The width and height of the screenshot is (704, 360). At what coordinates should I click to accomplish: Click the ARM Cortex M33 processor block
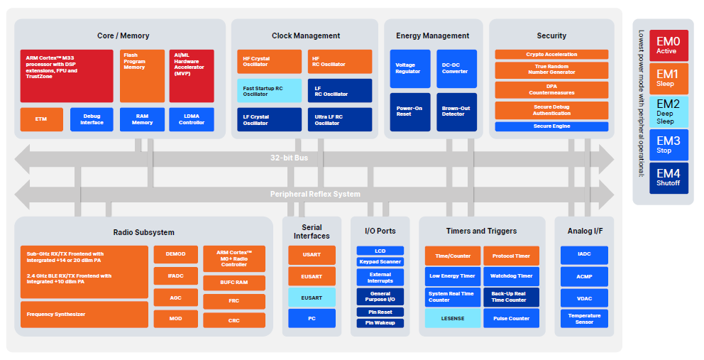tap(67, 76)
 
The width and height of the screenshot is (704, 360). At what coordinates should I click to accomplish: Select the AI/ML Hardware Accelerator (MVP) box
tap(191, 76)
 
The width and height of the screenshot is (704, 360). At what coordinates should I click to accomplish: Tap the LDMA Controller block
tap(191, 119)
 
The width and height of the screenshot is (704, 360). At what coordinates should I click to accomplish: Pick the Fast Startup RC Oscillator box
tap(269, 90)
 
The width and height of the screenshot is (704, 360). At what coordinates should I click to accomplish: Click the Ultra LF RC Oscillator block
tap(339, 119)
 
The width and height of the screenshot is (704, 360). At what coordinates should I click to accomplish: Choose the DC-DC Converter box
tap(456, 68)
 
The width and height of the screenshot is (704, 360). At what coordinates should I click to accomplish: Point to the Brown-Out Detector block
tap(456, 111)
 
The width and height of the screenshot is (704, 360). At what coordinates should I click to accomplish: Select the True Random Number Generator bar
tap(551, 70)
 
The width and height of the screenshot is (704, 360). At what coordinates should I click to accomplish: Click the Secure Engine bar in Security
tap(551, 126)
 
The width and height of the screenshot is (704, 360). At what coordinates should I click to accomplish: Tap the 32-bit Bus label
tap(289, 158)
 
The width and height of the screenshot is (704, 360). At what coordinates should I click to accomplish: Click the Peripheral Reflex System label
tap(314, 194)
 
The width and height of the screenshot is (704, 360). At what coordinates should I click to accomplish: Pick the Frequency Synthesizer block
tap(84, 314)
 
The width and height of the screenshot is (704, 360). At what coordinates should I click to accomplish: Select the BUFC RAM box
tap(233, 283)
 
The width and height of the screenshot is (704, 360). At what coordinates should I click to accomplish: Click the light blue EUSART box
tap(312, 297)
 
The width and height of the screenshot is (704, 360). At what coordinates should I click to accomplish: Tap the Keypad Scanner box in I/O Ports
tap(380, 262)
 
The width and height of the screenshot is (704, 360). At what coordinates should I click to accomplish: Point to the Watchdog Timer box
tap(511, 276)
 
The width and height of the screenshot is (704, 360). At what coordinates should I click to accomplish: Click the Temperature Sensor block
tap(583, 318)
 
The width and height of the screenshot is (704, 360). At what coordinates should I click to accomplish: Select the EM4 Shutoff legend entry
tap(668, 178)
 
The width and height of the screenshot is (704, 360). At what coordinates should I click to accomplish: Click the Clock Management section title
tap(305, 36)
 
